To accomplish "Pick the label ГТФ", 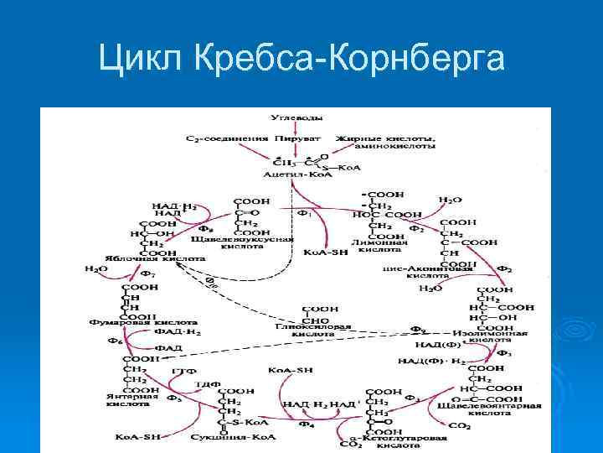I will coord(183,370).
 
